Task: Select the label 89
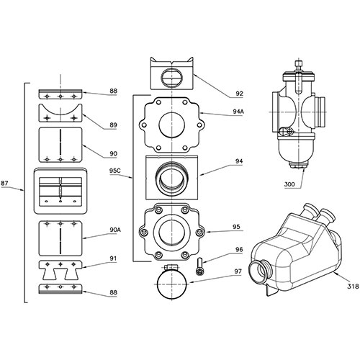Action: click(x=112, y=125)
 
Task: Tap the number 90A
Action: click(x=114, y=230)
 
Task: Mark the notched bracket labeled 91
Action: click(x=60, y=272)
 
